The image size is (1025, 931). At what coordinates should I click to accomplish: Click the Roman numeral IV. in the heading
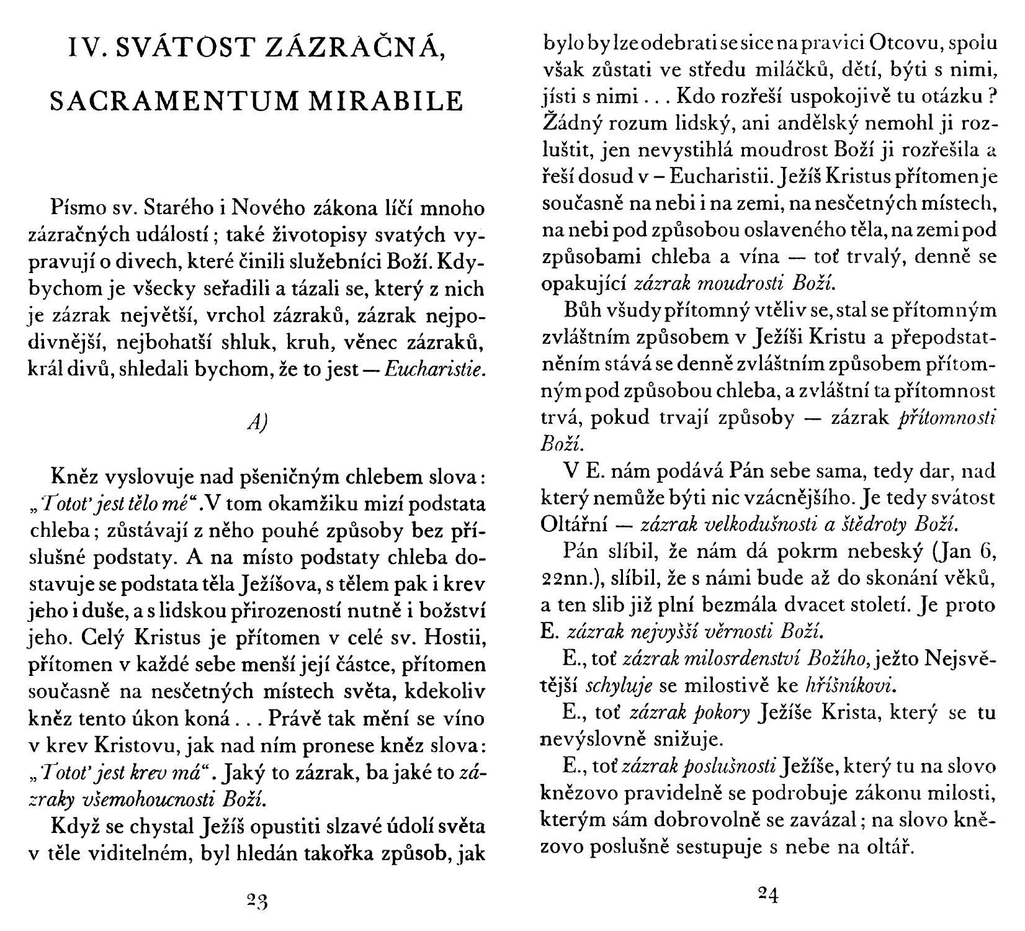click(87, 48)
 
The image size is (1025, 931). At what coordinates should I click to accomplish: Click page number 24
click(768, 894)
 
